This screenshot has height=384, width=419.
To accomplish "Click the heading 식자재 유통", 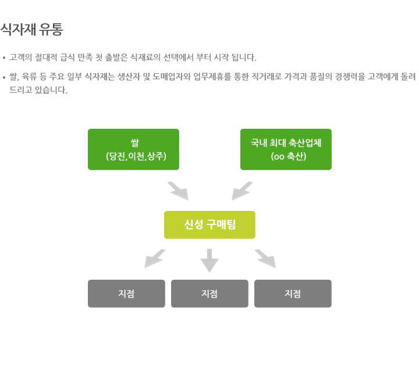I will click(x=31, y=29).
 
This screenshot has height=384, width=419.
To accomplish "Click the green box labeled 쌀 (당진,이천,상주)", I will click(x=133, y=149).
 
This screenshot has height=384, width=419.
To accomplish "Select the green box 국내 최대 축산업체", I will click(x=286, y=149).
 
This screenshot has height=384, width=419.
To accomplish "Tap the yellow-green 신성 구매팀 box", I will click(x=210, y=225).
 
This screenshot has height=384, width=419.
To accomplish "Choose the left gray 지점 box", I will click(x=126, y=294).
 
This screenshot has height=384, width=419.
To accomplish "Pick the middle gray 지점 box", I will click(x=210, y=294).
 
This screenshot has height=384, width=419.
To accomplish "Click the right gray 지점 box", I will click(x=293, y=294).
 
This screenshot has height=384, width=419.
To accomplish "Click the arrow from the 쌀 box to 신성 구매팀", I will click(x=178, y=191).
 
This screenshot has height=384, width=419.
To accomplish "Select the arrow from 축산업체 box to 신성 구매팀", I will click(x=242, y=191).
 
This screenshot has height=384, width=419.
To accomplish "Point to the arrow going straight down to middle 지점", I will click(x=210, y=260).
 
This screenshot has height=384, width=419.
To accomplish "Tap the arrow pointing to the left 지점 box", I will click(x=155, y=259).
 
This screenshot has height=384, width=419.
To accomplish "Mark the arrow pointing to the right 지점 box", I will click(x=265, y=259).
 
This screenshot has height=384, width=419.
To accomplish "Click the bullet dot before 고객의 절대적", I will click(x=4, y=58).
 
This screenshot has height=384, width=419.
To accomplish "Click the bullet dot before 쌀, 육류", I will click(x=4, y=77).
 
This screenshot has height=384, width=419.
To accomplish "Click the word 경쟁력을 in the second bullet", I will click(x=351, y=76).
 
